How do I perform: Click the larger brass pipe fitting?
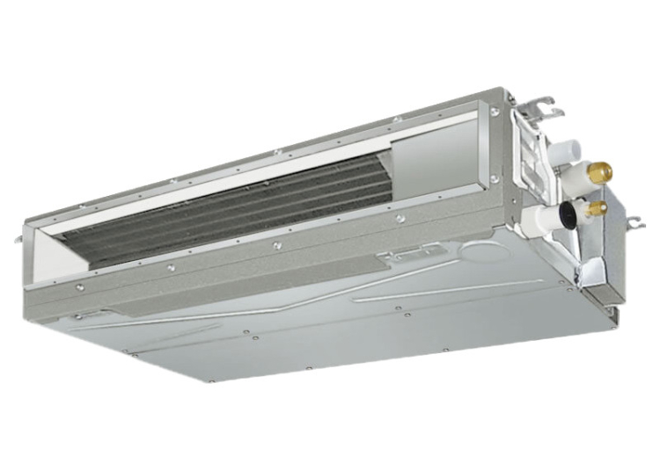(x=601, y=172)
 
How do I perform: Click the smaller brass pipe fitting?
(x=599, y=208)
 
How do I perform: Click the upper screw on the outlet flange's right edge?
(x=495, y=113)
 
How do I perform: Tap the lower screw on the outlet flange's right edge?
(x=495, y=179)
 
